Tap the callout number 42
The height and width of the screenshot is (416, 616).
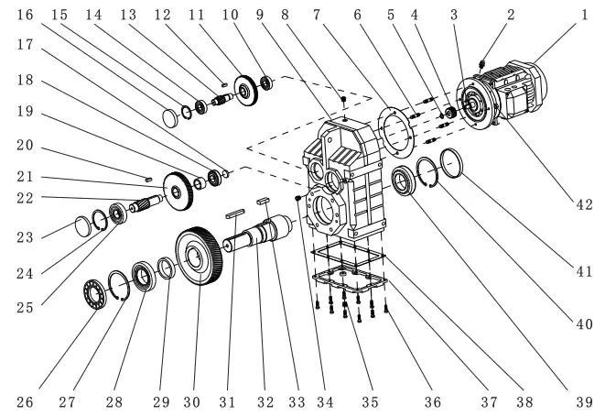pyautogui.click(x=583, y=203)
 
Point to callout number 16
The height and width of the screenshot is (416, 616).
pyautogui.click(x=26, y=15)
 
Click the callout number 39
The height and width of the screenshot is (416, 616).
pyautogui.click(x=583, y=401)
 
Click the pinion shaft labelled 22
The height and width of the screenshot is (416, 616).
pyautogui.click(x=142, y=206)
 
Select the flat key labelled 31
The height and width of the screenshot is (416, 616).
pyautogui.click(x=234, y=214)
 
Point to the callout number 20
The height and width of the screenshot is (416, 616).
pyautogui.click(x=26, y=146)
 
